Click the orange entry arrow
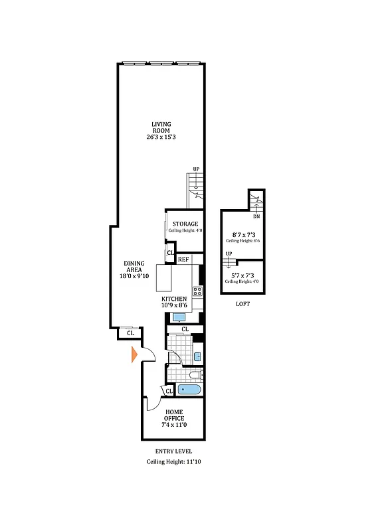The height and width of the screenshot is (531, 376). pyautogui.click(x=134, y=355)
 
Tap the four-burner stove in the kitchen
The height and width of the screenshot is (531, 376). pyautogui.click(x=197, y=291)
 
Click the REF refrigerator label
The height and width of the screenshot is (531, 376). pyautogui.click(x=184, y=260)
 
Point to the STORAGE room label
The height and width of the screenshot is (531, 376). pyautogui.click(x=185, y=224)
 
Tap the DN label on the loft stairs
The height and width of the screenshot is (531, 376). pyautogui.click(x=256, y=216)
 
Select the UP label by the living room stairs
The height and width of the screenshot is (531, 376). pyautogui.click(x=196, y=169)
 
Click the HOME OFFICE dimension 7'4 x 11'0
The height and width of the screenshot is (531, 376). pyautogui.click(x=174, y=425)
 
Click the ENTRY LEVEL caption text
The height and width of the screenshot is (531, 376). pyautogui.click(x=173, y=451)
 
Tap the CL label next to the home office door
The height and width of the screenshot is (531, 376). pyautogui.click(x=169, y=392)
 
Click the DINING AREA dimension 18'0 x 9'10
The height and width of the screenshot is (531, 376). pyautogui.click(x=135, y=277)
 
